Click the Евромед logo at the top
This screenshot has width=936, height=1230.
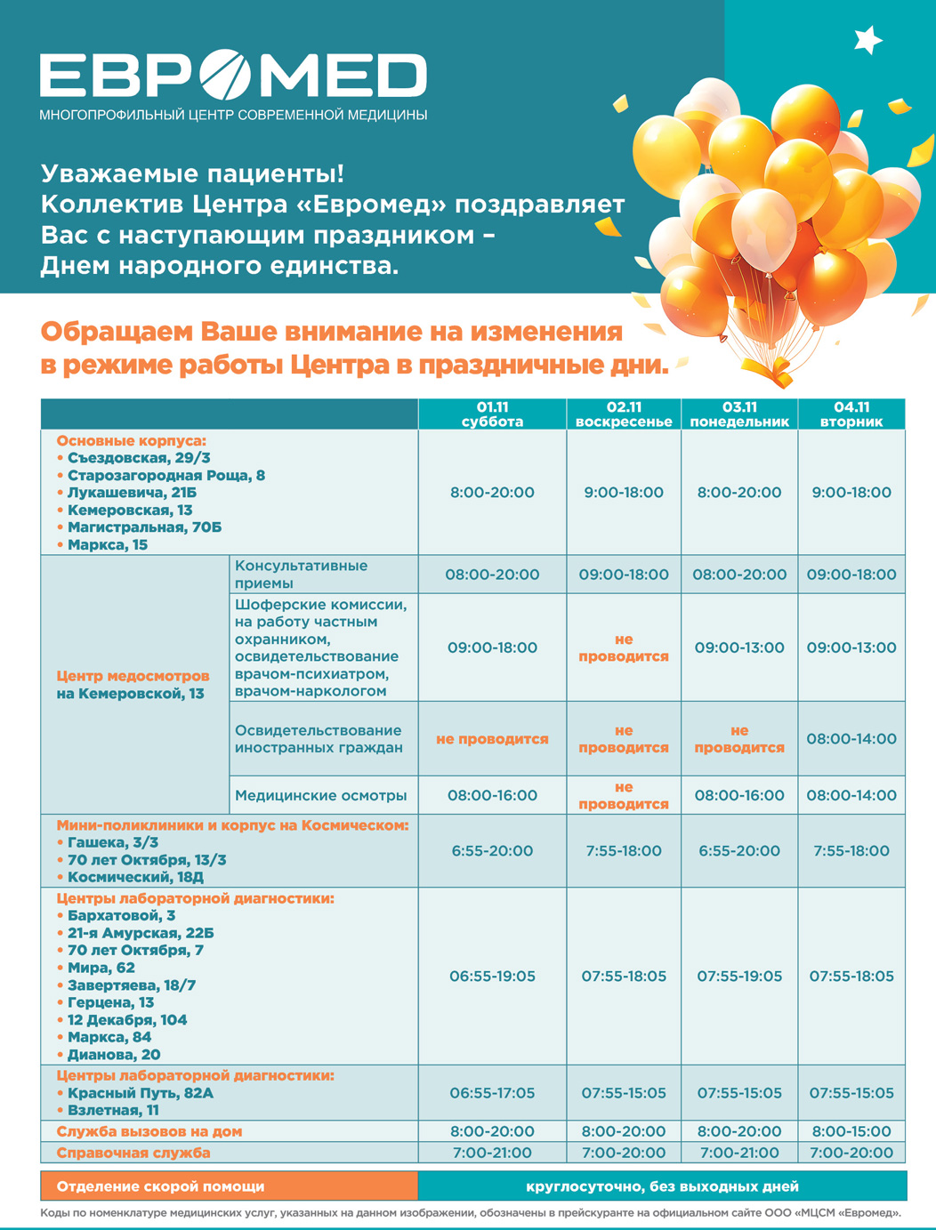coord(233,75)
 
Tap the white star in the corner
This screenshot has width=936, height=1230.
coord(867,39)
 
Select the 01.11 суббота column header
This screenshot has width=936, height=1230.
coord(492,414)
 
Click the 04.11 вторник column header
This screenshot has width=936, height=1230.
coord(851,414)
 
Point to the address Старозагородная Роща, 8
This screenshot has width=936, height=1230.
coord(165,475)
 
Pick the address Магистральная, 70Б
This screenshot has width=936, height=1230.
coord(144,527)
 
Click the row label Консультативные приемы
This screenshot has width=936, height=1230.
coord(301,575)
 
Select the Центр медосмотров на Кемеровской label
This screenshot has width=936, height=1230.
coord(133,685)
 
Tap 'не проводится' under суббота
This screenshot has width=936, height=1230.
coord(492,739)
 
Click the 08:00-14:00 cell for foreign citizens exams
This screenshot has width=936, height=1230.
coord(851,739)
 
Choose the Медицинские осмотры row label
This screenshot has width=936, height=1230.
coord(320,795)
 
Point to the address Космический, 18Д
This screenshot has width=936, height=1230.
coord(135,877)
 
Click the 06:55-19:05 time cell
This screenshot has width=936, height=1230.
coord(492,977)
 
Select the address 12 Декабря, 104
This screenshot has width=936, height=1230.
coord(127,1020)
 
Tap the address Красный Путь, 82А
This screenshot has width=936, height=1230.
coord(141,1093)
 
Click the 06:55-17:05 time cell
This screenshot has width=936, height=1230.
coord(492,1093)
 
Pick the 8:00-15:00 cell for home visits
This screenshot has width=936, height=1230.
coord(851,1131)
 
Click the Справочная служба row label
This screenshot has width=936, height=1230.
coord(133,1153)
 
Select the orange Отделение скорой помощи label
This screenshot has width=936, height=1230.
coord(160,1186)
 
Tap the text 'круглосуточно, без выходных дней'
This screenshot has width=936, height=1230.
coord(662,1186)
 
